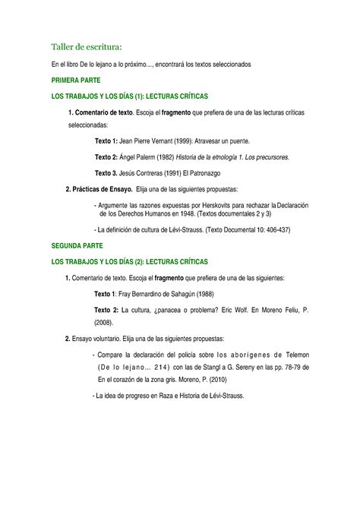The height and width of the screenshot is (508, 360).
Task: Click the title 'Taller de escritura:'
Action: click(87, 49)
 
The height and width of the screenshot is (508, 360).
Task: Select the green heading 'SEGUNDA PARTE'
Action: click(77, 247)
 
